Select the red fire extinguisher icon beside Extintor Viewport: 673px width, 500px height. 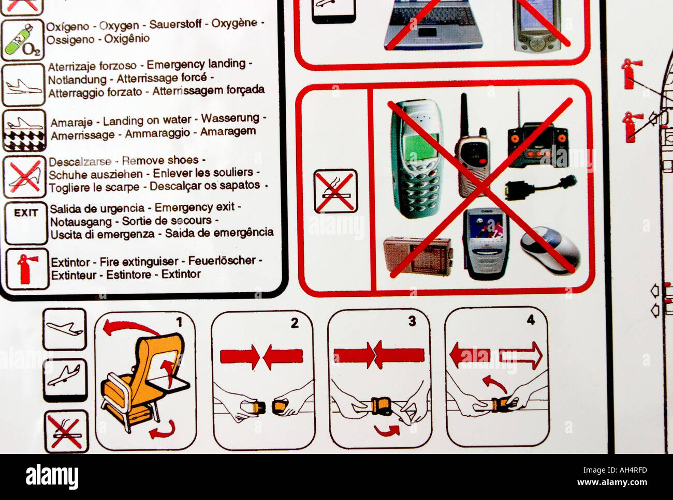tap(24, 268)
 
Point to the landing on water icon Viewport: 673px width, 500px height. tap(24, 130)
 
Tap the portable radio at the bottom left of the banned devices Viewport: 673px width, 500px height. tap(417, 255)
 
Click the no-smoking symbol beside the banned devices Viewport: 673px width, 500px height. tap(335, 191)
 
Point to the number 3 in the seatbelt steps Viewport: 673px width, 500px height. tap(412, 321)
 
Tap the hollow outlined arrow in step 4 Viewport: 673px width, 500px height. tap(520, 356)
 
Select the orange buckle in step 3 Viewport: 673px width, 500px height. tap(381, 405)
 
